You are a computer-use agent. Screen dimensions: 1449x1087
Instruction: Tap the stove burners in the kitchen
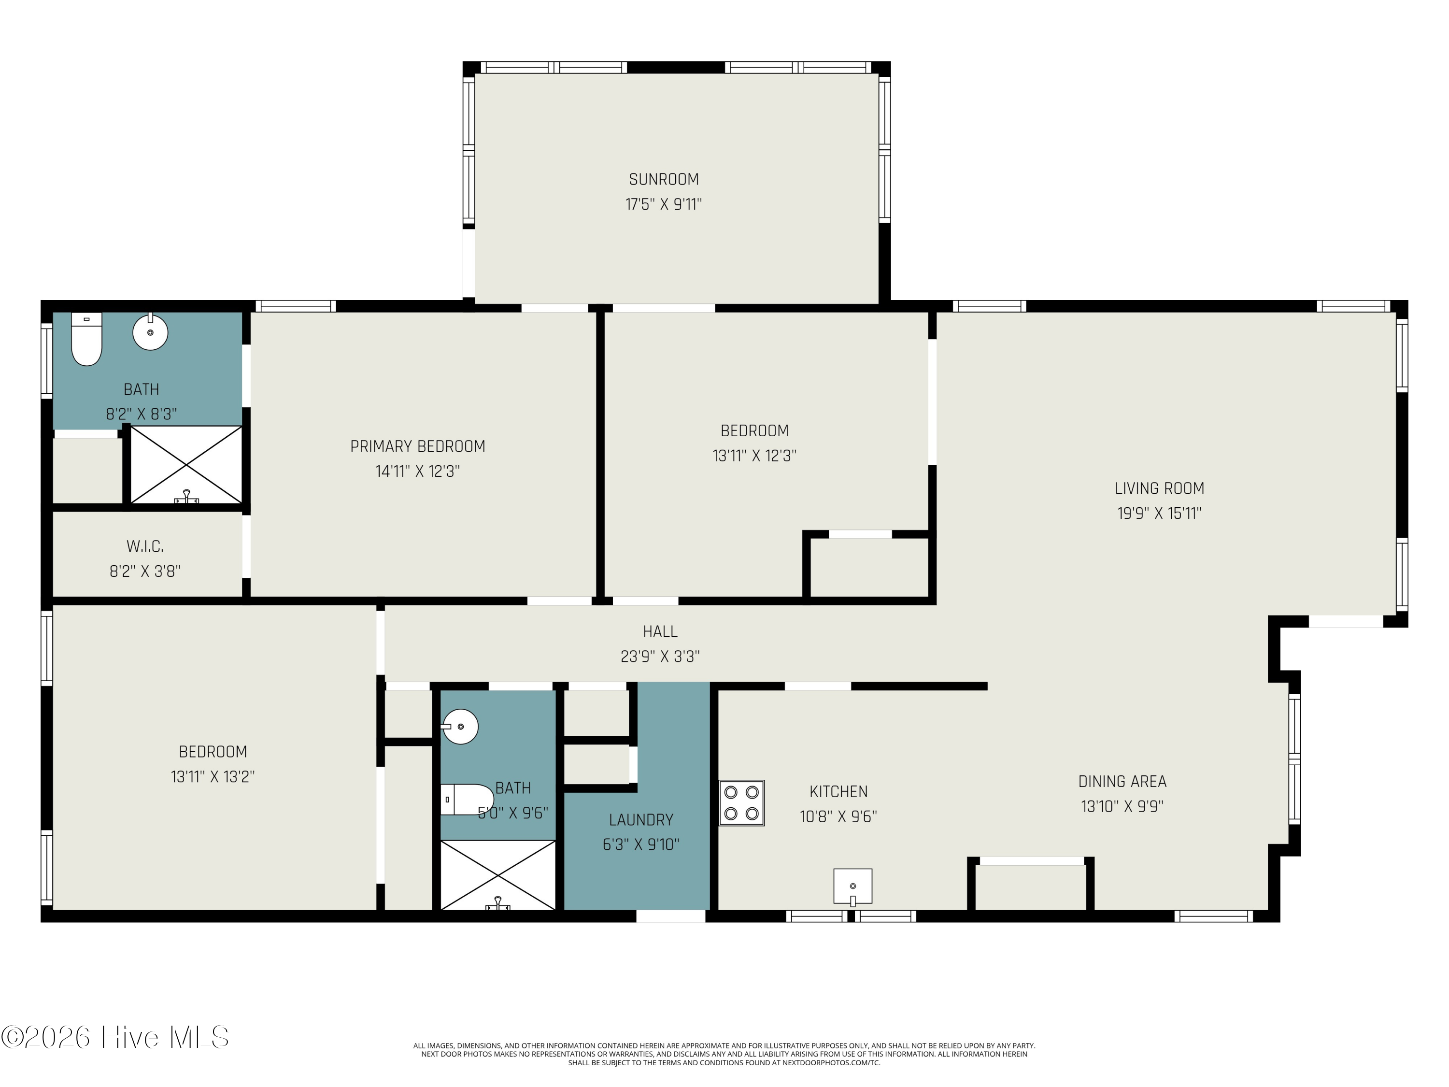pyautogui.click(x=741, y=802)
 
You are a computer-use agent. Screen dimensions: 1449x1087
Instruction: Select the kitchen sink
pyautogui.click(x=852, y=887)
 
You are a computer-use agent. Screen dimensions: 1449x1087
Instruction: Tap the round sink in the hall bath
pyautogui.click(x=460, y=727)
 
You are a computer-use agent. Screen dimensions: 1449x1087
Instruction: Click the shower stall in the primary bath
pyautogui.click(x=187, y=465)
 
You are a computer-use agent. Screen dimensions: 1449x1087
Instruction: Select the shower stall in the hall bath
pyautogui.click(x=498, y=875)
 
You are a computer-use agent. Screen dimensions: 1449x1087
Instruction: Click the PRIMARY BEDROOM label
pyautogui.click(x=418, y=446)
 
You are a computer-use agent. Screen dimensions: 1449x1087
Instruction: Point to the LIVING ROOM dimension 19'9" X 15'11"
pyautogui.click(x=1160, y=513)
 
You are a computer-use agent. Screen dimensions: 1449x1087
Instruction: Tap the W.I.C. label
pyautogui.click(x=145, y=546)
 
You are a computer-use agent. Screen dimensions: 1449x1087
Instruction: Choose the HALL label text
pyautogui.click(x=660, y=631)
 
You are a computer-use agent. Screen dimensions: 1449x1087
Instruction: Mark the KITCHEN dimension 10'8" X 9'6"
pyautogui.click(x=838, y=816)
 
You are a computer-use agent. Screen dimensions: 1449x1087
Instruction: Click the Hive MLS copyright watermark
pyautogui.click(x=115, y=1037)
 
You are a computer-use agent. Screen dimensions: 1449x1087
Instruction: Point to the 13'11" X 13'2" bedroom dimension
pyautogui.click(x=213, y=776)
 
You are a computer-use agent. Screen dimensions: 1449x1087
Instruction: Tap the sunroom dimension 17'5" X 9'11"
pyautogui.click(x=664, y=204)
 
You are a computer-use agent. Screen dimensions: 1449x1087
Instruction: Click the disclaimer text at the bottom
pyautogui.click(x=724, y=1054)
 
